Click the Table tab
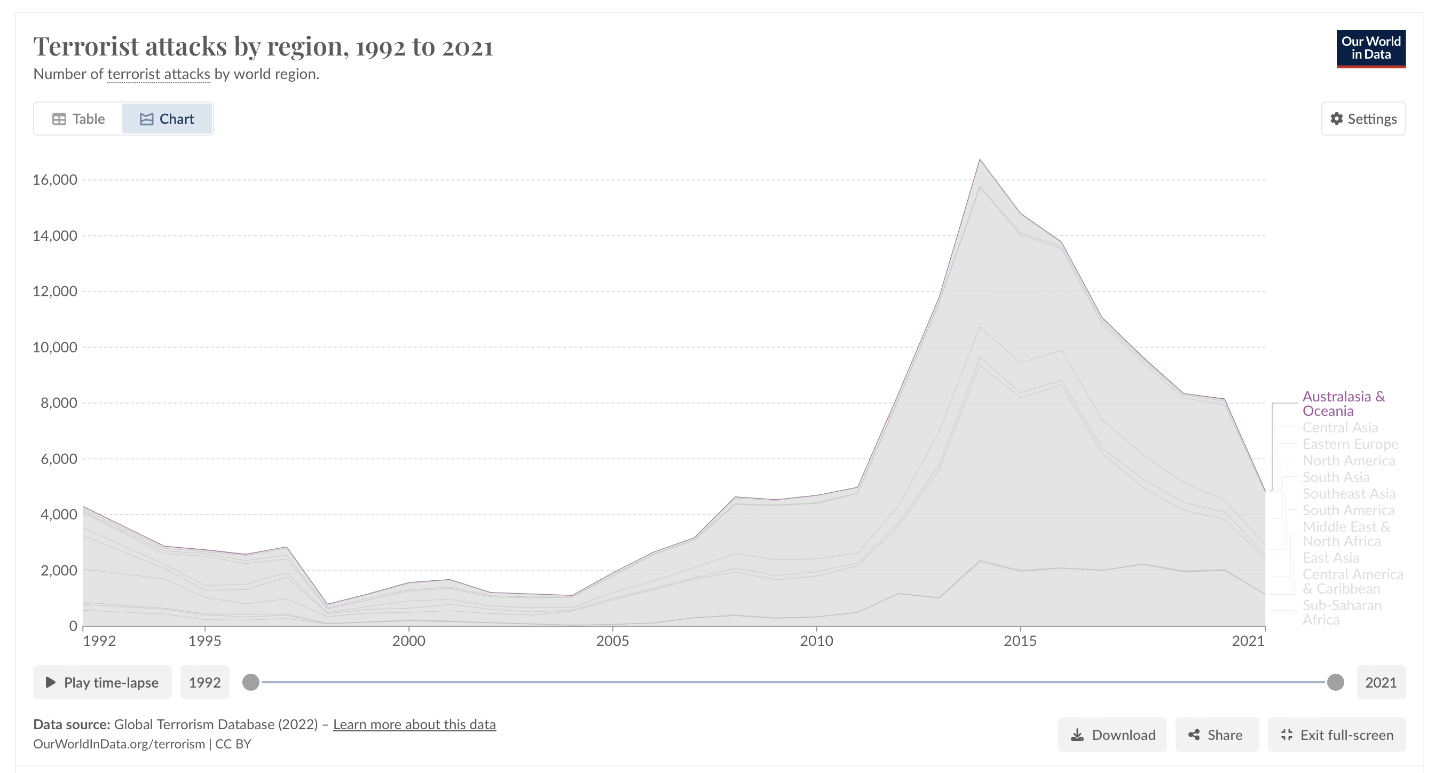78,119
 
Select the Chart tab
167,119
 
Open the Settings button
1363,119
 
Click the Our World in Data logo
1370,49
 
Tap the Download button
1112,735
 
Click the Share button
1217,735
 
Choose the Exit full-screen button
1336,735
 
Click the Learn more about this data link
414,724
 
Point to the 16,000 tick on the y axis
54,179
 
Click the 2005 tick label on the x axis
612,641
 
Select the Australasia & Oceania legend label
1343,404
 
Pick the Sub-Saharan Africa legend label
1342,613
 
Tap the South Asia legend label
1335,477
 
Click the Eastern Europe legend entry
1350,444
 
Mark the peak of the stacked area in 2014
980,160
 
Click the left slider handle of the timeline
251,682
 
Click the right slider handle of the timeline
1335,682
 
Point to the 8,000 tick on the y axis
59,403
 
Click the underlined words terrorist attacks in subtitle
159,74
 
